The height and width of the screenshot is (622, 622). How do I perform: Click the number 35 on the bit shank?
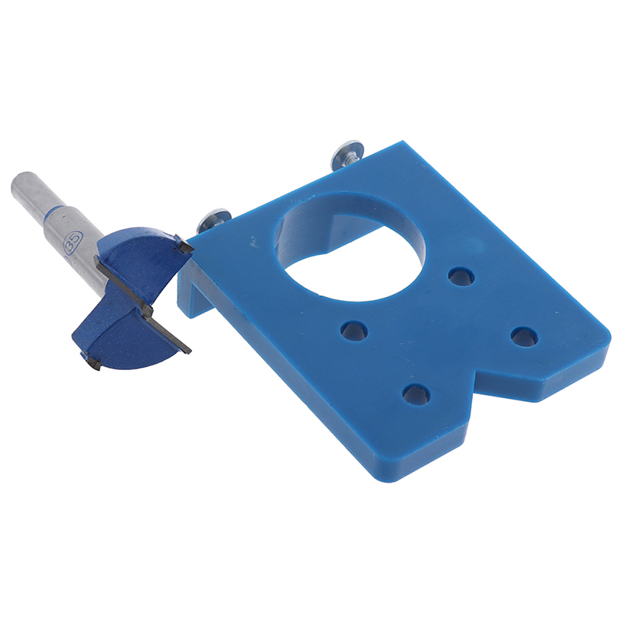[73, 242]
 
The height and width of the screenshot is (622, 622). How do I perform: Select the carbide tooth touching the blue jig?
[185, 247]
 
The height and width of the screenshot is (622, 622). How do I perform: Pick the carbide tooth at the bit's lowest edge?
[92, 361]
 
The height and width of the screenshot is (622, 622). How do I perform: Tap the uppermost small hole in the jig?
[461, 277]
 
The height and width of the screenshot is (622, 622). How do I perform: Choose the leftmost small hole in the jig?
[354, 331]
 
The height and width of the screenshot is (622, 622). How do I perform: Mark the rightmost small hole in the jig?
[524, 337]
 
